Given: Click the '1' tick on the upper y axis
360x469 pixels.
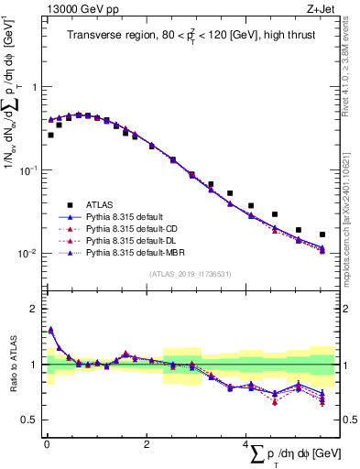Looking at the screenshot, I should point(31,87).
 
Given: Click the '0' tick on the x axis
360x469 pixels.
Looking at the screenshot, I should point(46,445).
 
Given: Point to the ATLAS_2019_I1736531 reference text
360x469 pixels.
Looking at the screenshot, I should point(191,274).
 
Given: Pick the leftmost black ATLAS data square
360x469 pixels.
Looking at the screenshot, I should point(50,135).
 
